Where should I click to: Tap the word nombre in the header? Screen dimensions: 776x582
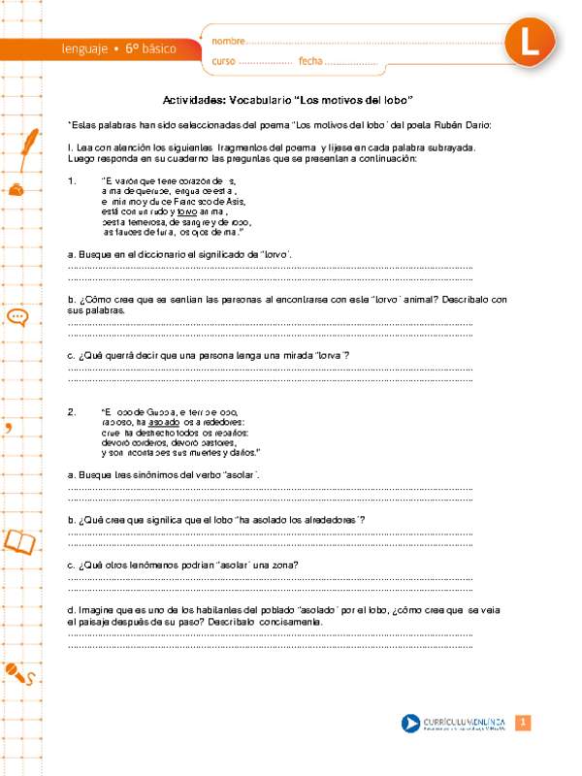click(229, 42)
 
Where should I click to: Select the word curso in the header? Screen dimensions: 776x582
click(223, 61)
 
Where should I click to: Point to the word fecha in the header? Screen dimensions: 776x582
click(310, 61)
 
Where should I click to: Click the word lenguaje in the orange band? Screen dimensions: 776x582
click(83, 48)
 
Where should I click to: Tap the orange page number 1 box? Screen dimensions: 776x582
click(522, 723)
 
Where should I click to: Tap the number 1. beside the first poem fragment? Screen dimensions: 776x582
click(73, 181)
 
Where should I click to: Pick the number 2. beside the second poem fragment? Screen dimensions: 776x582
click(73, 411)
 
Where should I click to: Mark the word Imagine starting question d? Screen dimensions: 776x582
click(95, 609)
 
